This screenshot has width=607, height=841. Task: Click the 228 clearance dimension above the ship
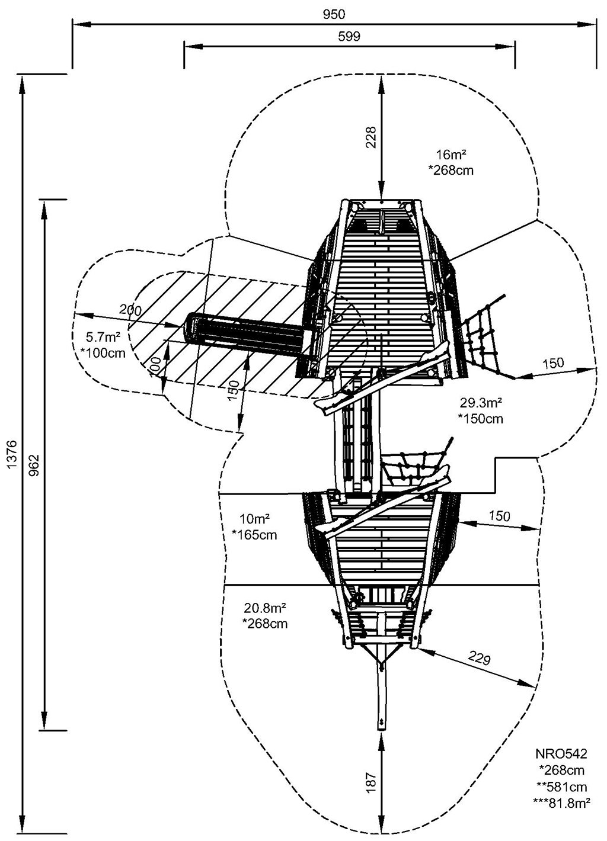click(x=370, y=139)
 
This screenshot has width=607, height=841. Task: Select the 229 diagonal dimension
click(x=481, y=659)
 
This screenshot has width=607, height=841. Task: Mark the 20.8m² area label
click(x=265, y=608)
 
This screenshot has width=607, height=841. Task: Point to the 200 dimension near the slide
click(x=130, y=310)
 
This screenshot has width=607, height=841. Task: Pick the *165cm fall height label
click(x=254, y=535)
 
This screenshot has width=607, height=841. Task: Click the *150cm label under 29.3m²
click(x=480, y=419)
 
